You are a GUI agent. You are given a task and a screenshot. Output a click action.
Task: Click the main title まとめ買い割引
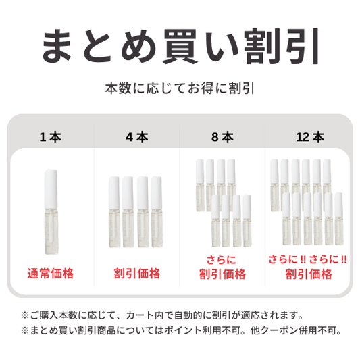pos(180,47)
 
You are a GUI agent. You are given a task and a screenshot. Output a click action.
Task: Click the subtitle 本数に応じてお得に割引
pos(180,88)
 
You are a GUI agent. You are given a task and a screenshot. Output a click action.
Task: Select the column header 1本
pos(50,137)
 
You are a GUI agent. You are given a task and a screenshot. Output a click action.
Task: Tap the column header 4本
pos(137,137)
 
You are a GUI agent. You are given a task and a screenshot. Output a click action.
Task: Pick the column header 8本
pos(222,137)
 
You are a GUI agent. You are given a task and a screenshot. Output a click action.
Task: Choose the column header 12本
pos(310,137)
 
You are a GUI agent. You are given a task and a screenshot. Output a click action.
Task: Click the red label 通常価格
pos(51,274)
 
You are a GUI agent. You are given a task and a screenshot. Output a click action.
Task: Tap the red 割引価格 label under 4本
pos(137,274)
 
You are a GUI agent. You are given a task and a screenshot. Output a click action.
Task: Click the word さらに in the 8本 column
pos(222,260)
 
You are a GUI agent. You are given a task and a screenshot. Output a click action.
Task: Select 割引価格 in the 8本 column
pos(222,274)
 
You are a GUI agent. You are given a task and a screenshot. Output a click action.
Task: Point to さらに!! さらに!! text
pos(307,259)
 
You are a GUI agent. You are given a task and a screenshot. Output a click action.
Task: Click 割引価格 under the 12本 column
pos(309,274)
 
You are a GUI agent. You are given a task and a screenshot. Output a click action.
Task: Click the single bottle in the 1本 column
pos(51,212)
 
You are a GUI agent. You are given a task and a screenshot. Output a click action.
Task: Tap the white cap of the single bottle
pos(51,189)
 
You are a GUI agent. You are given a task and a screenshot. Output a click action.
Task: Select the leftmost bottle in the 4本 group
pos(114,211)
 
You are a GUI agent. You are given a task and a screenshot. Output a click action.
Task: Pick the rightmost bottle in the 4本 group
pos(157,211)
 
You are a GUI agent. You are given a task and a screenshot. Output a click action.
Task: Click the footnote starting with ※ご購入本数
pos(162,315)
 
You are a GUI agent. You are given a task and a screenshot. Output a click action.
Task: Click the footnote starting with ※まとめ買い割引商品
pos(181,330)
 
